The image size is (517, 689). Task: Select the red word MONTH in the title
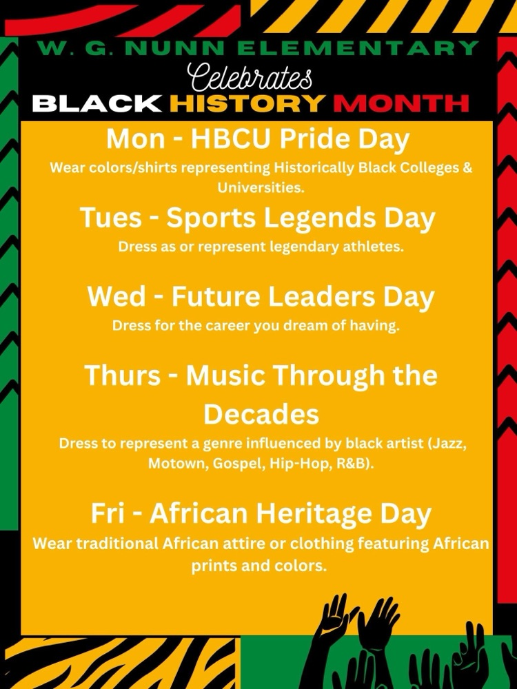point(401,104)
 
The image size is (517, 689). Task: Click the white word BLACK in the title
point(97,104)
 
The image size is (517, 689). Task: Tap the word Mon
point(135,140)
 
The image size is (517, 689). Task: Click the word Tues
point(111,218)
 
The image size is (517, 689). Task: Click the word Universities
point(261,188)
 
